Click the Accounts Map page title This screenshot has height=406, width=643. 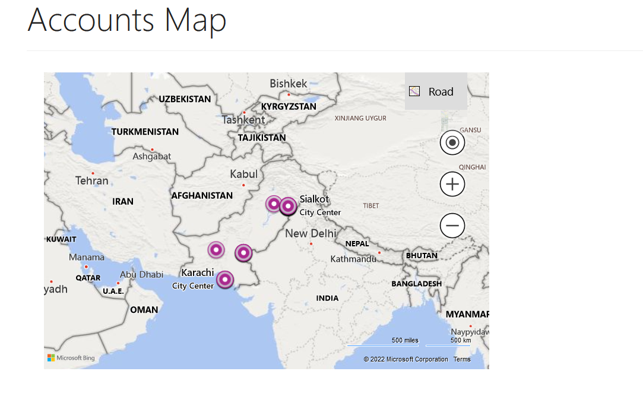[127, 20]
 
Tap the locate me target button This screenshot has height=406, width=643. [452, 142]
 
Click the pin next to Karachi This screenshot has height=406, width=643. [225, 279]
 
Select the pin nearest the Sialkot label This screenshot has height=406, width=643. [288, 206]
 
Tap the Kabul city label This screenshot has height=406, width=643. [244, 174]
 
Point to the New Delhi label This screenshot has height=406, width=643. [311, 233]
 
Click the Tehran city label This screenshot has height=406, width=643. [92, 180]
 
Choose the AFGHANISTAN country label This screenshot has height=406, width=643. [202, 195]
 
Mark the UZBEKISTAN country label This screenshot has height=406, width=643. [185, 99]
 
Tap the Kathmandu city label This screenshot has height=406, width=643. [354, 259]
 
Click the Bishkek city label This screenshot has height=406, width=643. [289, 84]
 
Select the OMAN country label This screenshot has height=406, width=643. [144, 309]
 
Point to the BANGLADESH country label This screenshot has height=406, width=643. [416, 284]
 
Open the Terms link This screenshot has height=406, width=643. [462, 359]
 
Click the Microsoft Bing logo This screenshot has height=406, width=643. [71, 358]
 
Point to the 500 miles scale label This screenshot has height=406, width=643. [405, 340]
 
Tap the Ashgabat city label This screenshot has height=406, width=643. [151, 156]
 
